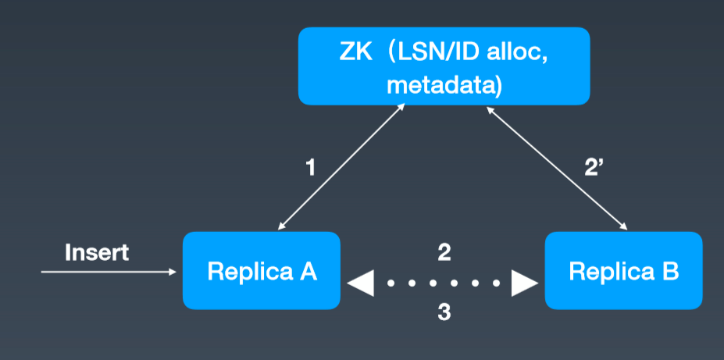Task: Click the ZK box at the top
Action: pyautogui.click(x=444, y=66)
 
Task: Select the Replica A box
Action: pyautogui.click(x=262, y=270)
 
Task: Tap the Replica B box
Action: pyautogui.click(x=623, y=270)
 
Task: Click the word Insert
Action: pyautogui.click(x=97, y=253)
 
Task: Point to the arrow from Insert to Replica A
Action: pyautogui.click(x=109, y=272)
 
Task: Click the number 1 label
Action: pyautogui.click(x=311, y=168)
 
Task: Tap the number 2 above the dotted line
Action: pyautogui.click(x=444, y=253)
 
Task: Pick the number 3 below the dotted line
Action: pyautogui.click(x=444, y=312)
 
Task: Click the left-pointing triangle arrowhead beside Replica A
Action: pyautogui.click(x=360, y=283)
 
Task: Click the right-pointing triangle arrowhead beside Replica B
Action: pyautogui.click(x=525, y=283)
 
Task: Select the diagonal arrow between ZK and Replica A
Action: pyautogui.click(x=341, y=166)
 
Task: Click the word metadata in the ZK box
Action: pyautogui.click(x=444, y=86)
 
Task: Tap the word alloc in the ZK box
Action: pyautogui.click(x=518, y=53)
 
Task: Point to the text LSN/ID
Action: pyautogui.click(x=441, y=54)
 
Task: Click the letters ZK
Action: pyautogui.click(x=355, y=54)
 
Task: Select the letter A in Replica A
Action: pyautogui.click(x=309, y=272)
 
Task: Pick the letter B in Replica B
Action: pyautogui.click(x=670, y=272)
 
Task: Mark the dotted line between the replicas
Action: pyautogui.click(x=443, y=283)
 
